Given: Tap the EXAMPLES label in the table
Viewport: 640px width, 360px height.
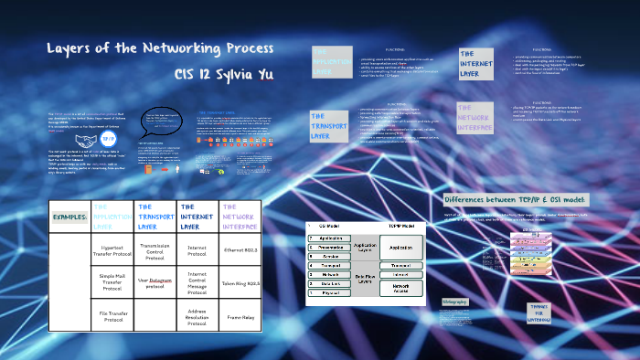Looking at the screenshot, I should pyautogui.click(x=69, y=217).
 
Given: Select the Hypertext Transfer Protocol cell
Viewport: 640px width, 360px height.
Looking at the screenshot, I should pyautogui.click(x=112, y=251).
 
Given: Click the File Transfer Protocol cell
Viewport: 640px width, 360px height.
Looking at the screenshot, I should pyautogui.click(x=112, y=317).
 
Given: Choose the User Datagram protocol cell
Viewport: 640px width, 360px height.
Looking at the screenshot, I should pyautogui.click(x=155, y=284).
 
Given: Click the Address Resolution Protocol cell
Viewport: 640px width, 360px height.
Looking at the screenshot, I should pyautogui.click(x=197, y=317).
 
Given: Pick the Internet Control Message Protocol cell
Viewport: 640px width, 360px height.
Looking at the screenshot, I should pyautogui.click(x=197, y=283).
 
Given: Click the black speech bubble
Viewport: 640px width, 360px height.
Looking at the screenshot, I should pyautogui.click(x=164, y=121).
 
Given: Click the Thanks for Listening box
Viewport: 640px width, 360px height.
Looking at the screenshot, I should pyautogui.click(x=538, y=312).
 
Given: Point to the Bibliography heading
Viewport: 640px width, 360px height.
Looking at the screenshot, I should pyautogui.click(x=456, y=301).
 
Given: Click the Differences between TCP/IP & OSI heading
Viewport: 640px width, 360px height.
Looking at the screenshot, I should pyautogui.click(x=516, y=200).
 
